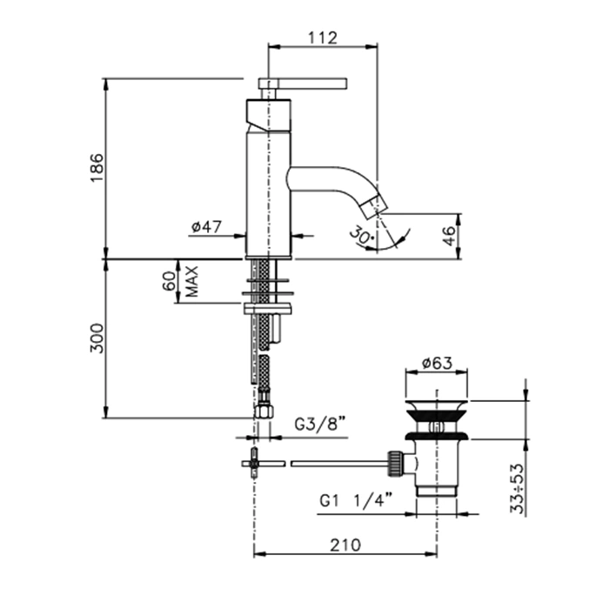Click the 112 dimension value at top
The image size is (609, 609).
coord(323,38)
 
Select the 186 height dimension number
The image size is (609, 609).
coord(97,168)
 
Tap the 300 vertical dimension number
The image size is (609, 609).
coord(97,338)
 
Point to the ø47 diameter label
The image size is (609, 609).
coord(206,226)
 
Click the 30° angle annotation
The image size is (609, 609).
coord(361,236)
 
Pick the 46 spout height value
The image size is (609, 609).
coord(449,236)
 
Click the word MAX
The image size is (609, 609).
coord(192,281)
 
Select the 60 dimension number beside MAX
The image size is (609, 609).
coord(170,281)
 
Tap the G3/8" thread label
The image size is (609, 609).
coord(320,424)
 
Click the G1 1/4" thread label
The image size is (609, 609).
coord(357,500)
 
